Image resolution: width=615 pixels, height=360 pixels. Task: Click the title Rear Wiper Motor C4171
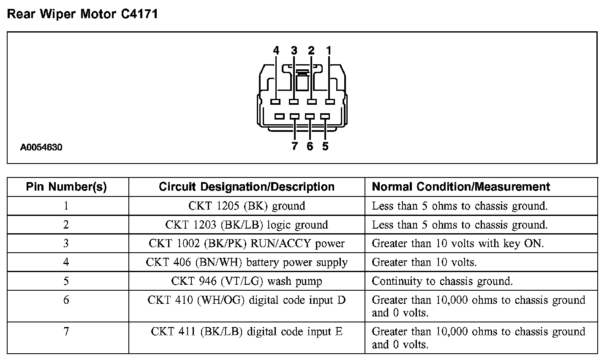(x=83, y=14)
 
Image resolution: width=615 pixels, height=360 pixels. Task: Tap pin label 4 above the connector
(x=276, y=51)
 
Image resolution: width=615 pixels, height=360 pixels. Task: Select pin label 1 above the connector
(x=329, y=51)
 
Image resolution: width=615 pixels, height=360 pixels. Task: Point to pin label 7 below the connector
(x=294, y=147)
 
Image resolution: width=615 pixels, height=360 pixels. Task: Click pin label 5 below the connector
(x=325, y=147)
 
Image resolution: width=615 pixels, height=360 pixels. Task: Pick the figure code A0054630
(x=41, y=147)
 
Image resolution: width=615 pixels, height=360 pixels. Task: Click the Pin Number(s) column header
(x=66, y=187)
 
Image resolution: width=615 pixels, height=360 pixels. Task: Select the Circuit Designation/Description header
(x=247, y=187)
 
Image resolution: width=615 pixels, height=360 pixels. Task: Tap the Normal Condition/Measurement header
(x=461, y=187)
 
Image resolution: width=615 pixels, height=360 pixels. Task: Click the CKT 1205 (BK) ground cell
(x=247, y=206)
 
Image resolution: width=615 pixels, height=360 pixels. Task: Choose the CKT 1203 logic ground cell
(x=247, y=225)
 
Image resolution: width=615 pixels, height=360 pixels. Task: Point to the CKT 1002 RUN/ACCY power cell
(x=247, y=244)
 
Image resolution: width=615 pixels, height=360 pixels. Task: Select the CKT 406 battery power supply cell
(x=247, y=262)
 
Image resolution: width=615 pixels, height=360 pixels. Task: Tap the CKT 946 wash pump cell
(x=247, y=281)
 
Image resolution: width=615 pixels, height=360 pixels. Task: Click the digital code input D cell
(x=247, y=300)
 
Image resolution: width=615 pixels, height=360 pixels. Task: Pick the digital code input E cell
(x=247, y=332)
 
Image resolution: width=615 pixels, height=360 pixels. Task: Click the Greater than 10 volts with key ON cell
(x=458, y=244)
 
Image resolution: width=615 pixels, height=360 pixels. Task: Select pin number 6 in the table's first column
(x=66, y=300)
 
